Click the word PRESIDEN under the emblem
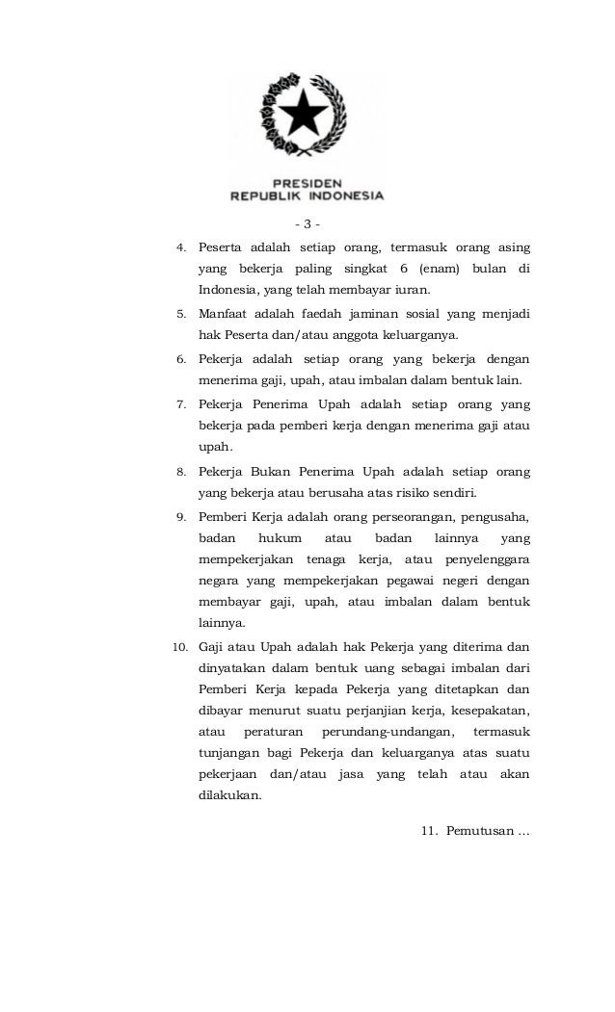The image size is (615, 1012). pos(307,180)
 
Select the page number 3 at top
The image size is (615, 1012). pos(307,225)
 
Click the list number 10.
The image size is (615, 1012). pos(178,644)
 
